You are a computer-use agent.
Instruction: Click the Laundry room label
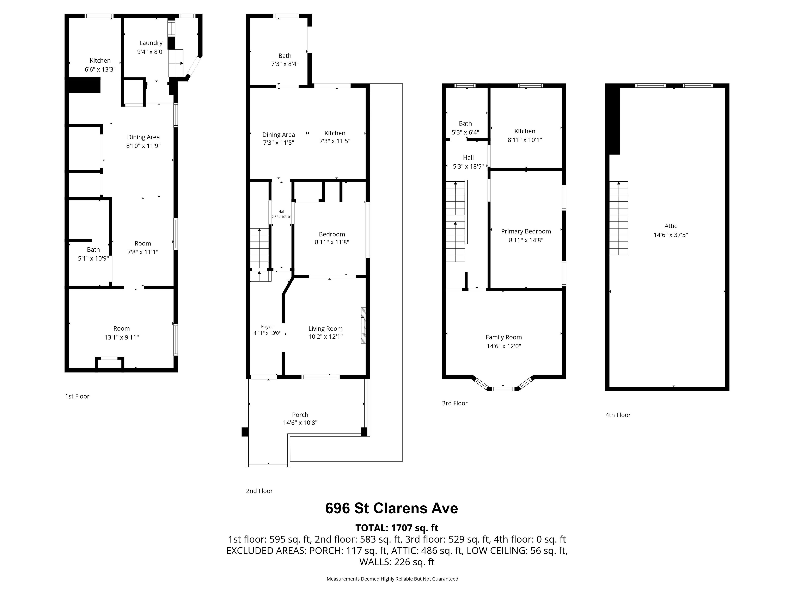click(151, 43)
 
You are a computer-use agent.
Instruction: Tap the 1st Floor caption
click(77, 396)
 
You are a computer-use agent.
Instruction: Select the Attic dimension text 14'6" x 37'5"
click(671, 235)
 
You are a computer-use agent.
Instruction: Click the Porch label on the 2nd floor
click(300, 415)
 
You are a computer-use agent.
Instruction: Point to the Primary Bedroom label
click(526, 231)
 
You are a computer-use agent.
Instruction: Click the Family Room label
click(504, 337)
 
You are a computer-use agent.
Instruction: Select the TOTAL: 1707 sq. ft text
click(397, 528)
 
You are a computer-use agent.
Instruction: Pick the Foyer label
click(267, 327)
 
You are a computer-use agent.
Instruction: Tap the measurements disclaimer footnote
click(393, 579)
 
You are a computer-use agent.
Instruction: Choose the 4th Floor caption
click(618, 415)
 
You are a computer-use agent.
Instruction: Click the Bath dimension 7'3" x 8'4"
click(285, 64)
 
